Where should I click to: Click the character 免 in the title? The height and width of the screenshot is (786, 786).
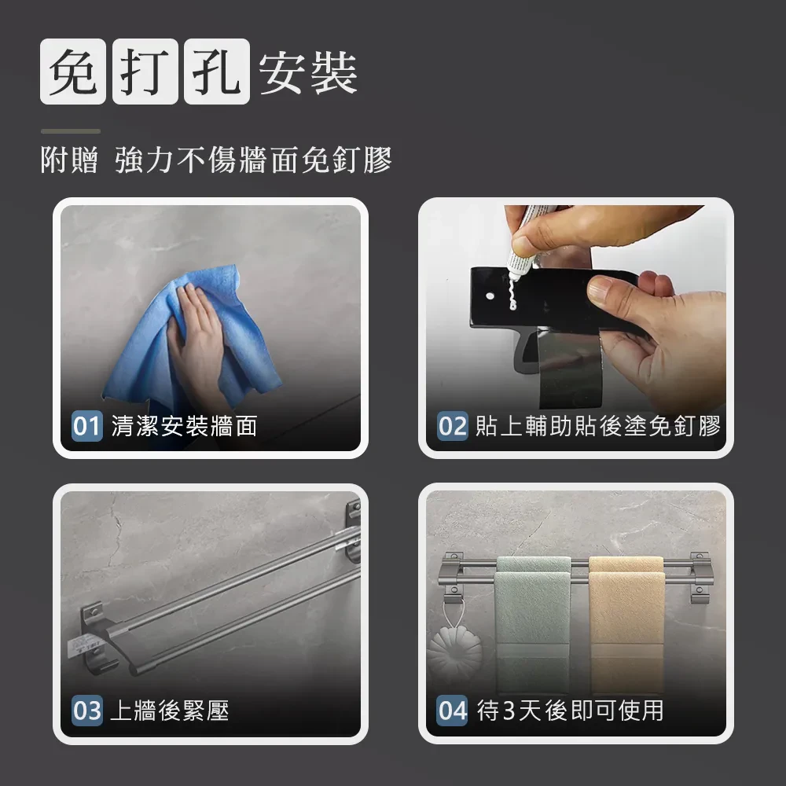pyautogui.click(x=73, y=72)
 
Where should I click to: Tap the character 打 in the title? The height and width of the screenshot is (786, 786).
pyautogui.click(x=145, y=72)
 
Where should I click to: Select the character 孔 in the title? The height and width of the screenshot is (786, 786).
pyautogui.click(x=217, y=72)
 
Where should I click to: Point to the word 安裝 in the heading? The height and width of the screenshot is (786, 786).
pyautogui.click(x=308, y=72)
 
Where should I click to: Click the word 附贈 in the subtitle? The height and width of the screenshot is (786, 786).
pyautogui.click(x=69, y=160)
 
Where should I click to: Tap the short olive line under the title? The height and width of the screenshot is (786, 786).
pyautogui.click(x=71, y=131)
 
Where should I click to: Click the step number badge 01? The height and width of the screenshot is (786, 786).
pyautogui.click(x=87, y=426)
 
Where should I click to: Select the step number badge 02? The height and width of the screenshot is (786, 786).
pyautogui.click(x=453, y=426)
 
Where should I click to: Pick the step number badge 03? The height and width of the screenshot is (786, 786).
pyautogui.click(x=87, y=711)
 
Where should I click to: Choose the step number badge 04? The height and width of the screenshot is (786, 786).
pyautogui.click(x=452, y=711)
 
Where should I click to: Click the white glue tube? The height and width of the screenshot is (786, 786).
pyautogui.click(x=523, y=241)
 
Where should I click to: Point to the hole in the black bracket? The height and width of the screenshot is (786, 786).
pyautogui.click(x=490, y=296)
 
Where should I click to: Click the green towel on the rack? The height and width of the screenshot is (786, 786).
pyautogui.click(x=532, y=624)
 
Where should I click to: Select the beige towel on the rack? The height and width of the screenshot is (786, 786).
pyautogui.click(x=626, y=624)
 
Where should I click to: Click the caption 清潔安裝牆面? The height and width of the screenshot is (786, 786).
pyautogui.click(x=184, y=426)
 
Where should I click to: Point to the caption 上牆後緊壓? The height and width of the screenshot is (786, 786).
pyautogui.click(x=170, y=711)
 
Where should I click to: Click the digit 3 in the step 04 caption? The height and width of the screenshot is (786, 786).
pyautogui.click(x=509, y=711)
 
